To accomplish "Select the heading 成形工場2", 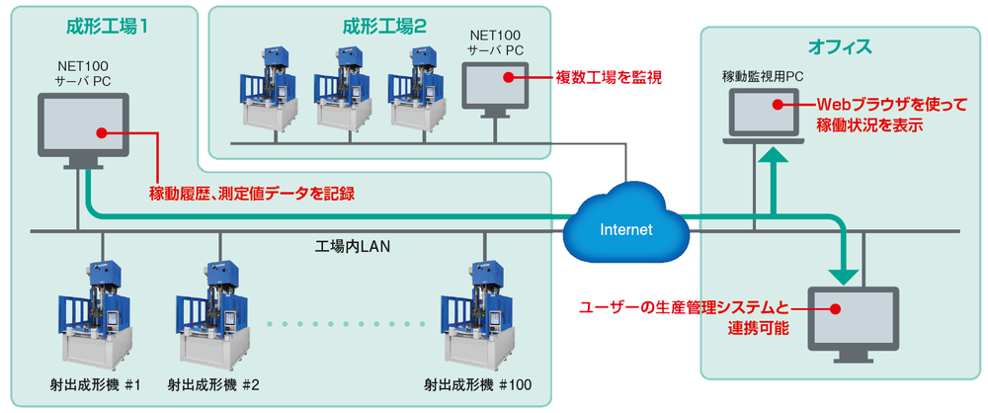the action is pos(385,26).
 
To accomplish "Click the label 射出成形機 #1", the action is pos(95,383).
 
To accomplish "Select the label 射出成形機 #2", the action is pos(213,383).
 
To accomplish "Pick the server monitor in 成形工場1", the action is pos(83,131).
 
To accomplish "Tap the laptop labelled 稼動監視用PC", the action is pos(764,116).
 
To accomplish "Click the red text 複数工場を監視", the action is pos(609,77).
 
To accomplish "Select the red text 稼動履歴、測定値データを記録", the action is pos(252,193).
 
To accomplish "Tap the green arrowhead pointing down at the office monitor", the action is pos(843,276).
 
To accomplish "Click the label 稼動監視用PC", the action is pos(763,76).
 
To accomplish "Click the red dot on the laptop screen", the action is pos(778,105).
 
